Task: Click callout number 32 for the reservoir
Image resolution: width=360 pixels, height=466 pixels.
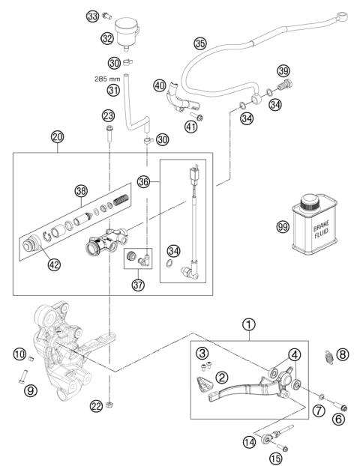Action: click(108, 37)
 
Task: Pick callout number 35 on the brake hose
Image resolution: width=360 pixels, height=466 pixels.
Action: click(199, 43)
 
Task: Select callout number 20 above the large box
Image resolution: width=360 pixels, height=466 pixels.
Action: click(57, 137)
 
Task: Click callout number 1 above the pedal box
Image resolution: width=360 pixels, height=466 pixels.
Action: click(248, 324)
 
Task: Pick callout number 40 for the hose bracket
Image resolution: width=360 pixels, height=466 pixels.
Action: click(160, 86)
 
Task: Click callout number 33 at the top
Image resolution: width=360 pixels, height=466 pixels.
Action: click(92, 16)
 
